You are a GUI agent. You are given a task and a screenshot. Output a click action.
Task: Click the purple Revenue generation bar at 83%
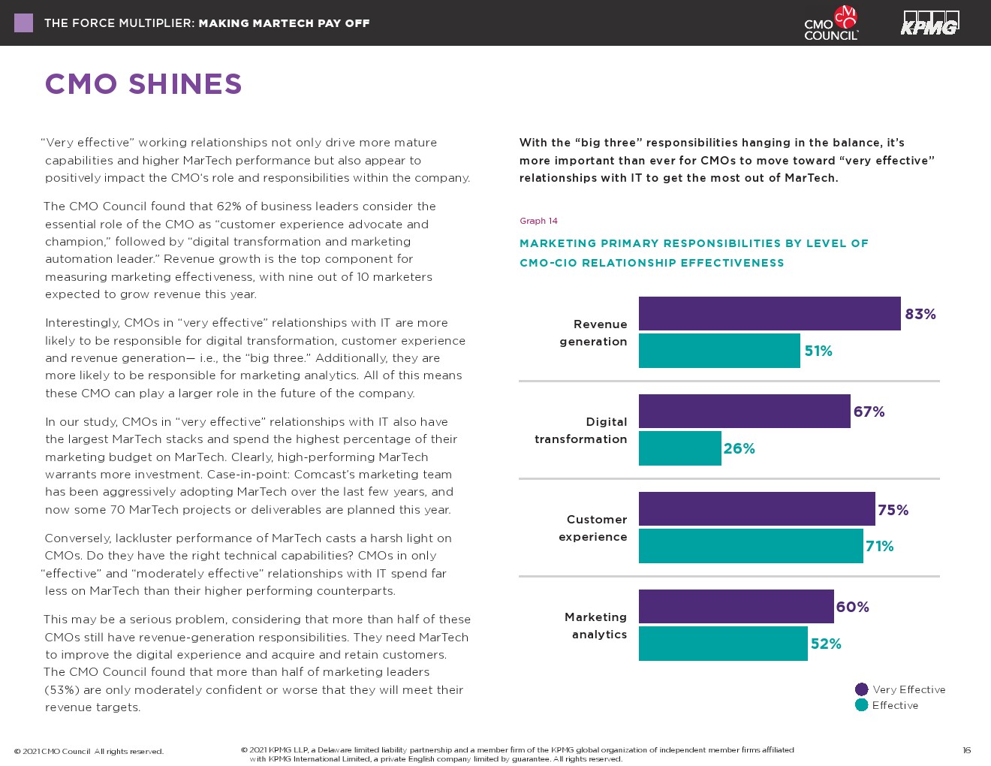click(x=770, y=313)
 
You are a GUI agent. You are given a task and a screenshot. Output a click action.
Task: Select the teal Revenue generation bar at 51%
click(x=719, y=351)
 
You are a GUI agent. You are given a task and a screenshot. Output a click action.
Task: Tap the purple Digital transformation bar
click(x=744, y=411)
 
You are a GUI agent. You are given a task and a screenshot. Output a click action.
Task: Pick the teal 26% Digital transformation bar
click(x=679, y=448)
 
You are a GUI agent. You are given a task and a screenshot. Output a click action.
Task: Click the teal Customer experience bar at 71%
click(x=751, y=546)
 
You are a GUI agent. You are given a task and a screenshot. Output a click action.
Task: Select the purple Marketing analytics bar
click(x=736, y=606)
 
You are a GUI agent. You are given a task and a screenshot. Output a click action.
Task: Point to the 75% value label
click(x=893, y=510)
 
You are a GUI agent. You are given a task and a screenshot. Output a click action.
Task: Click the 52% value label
click(x=826, y=644)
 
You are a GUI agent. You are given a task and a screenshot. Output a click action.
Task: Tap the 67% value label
click(x=869, y=412)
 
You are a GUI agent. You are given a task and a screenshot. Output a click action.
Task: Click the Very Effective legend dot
click(x=861, y=689)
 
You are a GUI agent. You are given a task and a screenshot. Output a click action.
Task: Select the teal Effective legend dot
click(x=861, y=705)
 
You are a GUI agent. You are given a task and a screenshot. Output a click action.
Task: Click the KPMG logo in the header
click(x=930, y=23)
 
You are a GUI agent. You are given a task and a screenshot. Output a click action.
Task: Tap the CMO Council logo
click(x=831, y=23)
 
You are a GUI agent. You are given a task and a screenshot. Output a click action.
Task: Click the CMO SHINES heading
click(x=143, y=84)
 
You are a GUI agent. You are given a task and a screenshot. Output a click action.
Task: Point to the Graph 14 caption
click(x=538, y=221)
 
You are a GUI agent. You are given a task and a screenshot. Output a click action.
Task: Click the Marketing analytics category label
click(x=595, y=626)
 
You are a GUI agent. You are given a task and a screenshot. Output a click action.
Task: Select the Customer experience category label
click(x=593, y=528)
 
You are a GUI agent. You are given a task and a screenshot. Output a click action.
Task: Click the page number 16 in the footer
click(x=966, y=750)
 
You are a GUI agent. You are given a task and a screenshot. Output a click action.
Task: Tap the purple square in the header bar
click(x=23, y=23)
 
